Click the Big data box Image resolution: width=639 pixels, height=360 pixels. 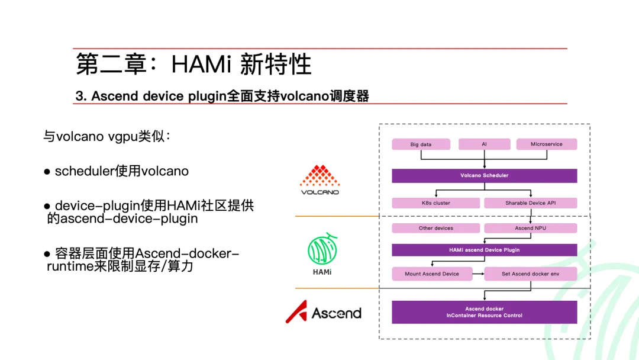[421, 144]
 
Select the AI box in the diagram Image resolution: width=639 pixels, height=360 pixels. [484, 144]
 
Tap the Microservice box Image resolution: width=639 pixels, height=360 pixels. [546, 144]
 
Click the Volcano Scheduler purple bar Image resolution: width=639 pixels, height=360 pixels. [484, 176]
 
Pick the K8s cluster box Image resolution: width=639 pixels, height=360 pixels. [435, 203]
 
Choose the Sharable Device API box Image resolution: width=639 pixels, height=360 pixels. [530, 203]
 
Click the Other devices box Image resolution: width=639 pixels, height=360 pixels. [435, 228]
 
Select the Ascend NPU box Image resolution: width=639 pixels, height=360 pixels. [530, 228]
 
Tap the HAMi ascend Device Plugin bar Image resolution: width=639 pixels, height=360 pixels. [484, 250]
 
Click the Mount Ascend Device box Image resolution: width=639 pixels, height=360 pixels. [432, 274]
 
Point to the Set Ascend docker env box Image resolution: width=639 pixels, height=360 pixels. [530, 274]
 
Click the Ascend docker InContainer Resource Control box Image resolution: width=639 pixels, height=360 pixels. [484, 312]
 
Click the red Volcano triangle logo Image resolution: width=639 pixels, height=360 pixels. [319, 176]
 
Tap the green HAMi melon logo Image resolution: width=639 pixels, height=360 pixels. [322, 250]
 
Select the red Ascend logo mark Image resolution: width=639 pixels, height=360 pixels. [296, 312]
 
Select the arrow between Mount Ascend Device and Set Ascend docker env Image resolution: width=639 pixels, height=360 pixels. [478, 274]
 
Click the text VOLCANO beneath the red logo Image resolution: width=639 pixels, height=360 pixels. [319, 192]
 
